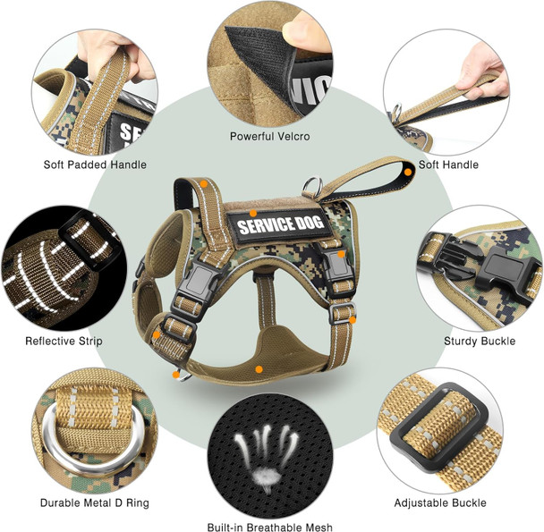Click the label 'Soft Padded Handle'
pos(95,165)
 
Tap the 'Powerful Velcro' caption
pos(269,137)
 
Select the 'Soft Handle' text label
pos(448,165)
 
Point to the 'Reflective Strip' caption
pos(64,341)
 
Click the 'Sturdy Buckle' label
pos(478,341)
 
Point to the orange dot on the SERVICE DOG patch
pos(254,214)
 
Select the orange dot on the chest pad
pos(259,368)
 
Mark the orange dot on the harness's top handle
pos(204,184)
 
